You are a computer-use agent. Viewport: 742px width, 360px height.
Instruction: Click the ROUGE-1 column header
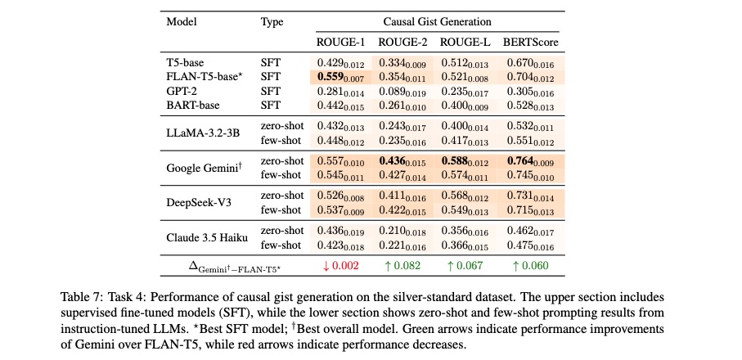(x=340, y=42)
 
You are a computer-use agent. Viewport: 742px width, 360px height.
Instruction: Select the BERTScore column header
(x=530, y=42)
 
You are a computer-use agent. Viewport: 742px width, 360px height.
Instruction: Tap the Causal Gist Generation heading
(x=437, y=22)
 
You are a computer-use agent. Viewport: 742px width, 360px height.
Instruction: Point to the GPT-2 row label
(x=182, y=91)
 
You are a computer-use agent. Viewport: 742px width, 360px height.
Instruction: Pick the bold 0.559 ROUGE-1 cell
(x=340, y=78)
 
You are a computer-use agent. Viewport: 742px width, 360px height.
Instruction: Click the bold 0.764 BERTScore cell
(x=530, y=163)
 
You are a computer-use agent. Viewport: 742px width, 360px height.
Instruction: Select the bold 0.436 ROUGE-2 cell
(x=402, y=163)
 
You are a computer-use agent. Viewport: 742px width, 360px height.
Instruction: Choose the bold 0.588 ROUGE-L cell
(x=465, y=163)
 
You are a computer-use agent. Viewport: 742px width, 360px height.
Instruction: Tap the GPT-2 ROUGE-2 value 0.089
(x=402, y=92)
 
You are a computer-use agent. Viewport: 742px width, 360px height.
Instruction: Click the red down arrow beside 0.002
(x=325, y=265)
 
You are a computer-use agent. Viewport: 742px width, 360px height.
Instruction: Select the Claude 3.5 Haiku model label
(x=207, y=237)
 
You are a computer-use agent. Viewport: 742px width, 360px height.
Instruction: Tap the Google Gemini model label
(x=204, y=167)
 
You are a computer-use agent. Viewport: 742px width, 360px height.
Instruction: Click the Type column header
(x=272, y=22)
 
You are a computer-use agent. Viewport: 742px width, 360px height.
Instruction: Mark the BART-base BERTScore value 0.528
(x=530, y=106)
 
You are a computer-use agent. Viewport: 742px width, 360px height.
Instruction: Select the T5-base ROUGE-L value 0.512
(x=465, y=63)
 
